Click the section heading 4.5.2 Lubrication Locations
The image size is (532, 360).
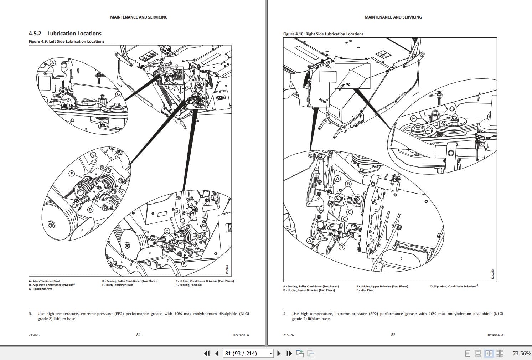65,34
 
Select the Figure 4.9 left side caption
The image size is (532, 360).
67,41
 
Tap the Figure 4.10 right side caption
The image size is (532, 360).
323,34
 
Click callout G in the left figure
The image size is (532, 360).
118,94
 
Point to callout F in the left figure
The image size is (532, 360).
71,174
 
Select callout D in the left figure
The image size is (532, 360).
90,210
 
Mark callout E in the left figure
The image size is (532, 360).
184,264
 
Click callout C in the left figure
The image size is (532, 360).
167,231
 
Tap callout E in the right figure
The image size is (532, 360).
413,118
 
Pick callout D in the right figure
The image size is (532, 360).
342,247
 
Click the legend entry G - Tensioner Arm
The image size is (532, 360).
40,289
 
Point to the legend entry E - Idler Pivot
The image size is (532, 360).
365,290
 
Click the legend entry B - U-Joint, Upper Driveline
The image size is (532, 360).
382,286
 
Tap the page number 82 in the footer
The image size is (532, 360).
393,335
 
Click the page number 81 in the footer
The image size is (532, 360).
139,335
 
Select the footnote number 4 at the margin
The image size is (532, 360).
285,314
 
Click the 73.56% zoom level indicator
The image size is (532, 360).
521,354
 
